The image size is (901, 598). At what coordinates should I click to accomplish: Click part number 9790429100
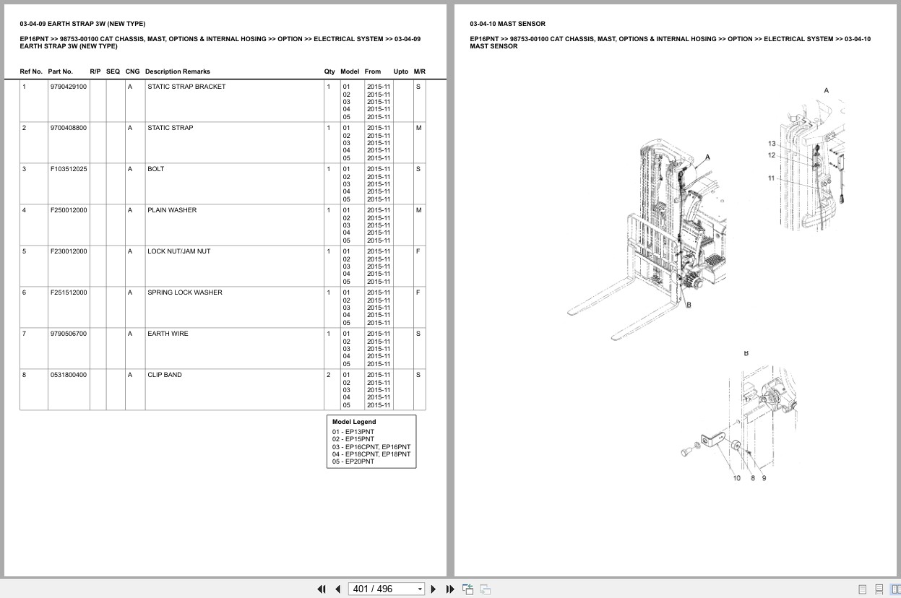point(69,87)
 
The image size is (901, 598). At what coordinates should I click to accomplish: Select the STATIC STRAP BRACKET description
point(186,87)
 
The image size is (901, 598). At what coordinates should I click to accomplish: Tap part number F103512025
point(69,169)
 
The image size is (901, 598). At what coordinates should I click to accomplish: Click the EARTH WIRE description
point(168,334)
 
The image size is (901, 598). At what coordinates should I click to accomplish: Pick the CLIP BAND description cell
point(165,375)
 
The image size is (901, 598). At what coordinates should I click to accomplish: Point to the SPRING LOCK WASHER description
point(185,292)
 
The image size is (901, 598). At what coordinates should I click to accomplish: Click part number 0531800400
point(69,375)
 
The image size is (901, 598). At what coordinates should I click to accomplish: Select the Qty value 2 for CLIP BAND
point(329,375)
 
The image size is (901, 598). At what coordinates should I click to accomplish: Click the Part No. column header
point(60,71)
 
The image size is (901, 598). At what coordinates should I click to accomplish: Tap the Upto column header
point(400,71)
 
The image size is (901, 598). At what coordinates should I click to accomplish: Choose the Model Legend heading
point(354,422)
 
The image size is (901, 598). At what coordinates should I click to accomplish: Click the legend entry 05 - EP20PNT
point(353,461)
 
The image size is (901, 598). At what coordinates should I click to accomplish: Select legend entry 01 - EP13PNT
point(353,432)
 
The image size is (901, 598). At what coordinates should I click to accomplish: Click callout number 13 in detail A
point(772,144)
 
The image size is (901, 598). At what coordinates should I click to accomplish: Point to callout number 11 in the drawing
point(772,178)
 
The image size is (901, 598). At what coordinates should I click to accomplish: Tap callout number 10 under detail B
point(737,478)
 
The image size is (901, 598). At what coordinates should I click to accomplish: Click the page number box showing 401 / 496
point(386,589)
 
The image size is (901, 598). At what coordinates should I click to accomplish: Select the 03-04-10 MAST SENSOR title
point(507,24)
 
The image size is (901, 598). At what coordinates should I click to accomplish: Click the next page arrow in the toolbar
point(434,589)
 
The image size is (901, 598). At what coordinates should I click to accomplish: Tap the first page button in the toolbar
point(322,589)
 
